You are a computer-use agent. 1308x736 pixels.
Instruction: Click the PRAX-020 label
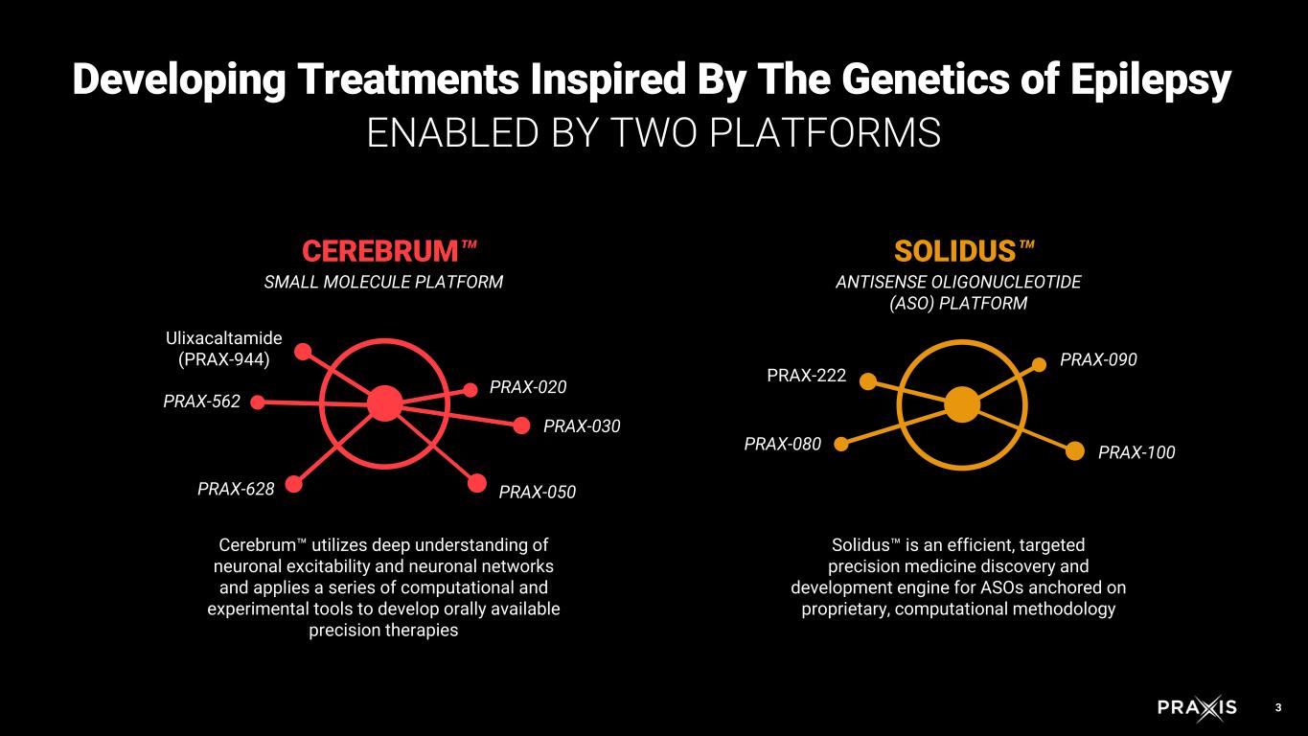click(x=528, y=387)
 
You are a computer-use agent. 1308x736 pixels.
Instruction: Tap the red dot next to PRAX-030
click(x=522, y=425)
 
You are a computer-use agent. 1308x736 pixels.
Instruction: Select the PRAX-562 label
click(x=201, y=402)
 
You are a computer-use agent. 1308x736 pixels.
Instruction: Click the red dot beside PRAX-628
click(x=294, y=484)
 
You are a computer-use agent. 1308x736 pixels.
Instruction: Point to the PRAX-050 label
click(x=537, y=493)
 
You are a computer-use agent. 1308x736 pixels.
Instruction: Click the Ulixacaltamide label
click(x=224, y=338)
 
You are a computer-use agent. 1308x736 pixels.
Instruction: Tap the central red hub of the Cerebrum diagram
click(x=384, y=403)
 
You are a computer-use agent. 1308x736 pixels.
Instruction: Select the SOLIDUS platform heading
click(x=955, y=251)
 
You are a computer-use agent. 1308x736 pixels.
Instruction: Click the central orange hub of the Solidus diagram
click(x=961, y=404)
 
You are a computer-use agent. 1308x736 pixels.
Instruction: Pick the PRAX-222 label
click(x=807, y=376)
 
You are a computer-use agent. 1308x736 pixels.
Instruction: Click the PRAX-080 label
click(x=783, y=444)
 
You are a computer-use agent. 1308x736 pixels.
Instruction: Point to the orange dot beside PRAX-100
click(x=1075, y=450)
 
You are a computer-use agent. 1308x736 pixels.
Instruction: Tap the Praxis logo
click(x=1197, y=708)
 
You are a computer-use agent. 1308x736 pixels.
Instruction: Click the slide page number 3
click(x=1277, y=708)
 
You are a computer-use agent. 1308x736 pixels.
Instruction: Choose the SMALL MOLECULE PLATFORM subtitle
click(x=383, y=282)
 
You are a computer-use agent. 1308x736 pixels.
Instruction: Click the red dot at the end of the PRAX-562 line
click(x=257, y=402)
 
